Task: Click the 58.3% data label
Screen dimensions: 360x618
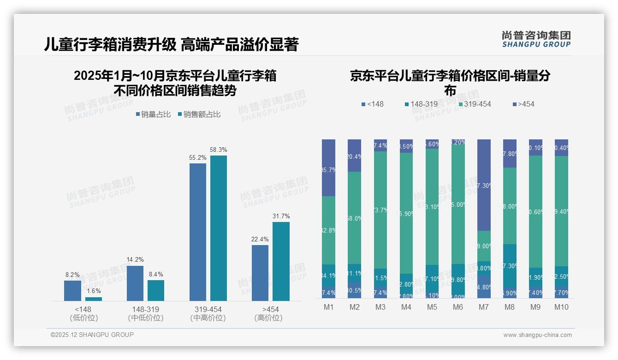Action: [x=219, y=150]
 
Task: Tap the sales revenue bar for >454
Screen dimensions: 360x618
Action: [x=281, y=261]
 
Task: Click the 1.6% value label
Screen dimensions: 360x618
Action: [x=94, y=291]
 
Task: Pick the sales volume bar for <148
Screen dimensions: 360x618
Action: [x=72, y=291]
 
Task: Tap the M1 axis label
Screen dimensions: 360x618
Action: [x=328, y=307]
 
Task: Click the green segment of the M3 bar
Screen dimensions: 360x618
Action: [x=380, y=210]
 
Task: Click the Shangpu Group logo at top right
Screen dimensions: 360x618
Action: [x=536, y=39]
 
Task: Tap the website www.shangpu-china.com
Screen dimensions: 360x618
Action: [x=537, y=335]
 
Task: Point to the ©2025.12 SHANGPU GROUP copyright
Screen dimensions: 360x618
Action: [x=92, y=335]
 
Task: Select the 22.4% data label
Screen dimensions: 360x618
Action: [x=260, y=240]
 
